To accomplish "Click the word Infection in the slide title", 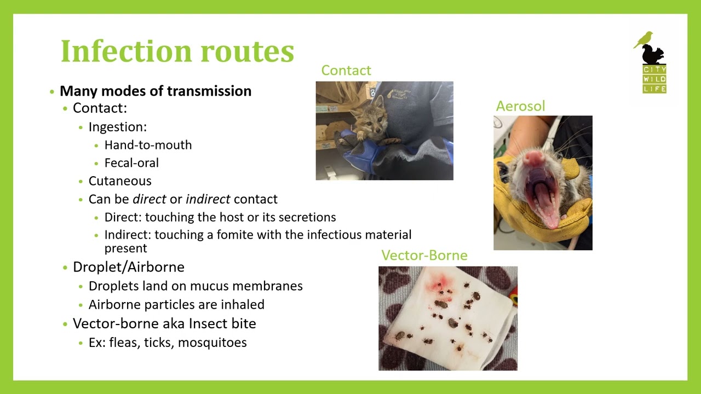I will (x=127, y=51).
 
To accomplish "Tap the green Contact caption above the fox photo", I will (x=346, y=71).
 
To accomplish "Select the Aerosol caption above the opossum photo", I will (x=520, y=106).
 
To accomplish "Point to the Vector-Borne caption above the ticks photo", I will (x=424, y=256).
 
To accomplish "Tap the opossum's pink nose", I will (x=535, y=159).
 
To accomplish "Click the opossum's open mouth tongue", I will (x=543, y=203).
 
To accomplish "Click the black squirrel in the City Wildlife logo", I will (x=653, y=55).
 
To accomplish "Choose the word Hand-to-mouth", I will (x=148, y=145).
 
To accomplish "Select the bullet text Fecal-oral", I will (x=131, y=163).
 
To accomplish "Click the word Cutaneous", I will (x=120, y=181).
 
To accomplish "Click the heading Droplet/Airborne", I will (x=129, y=267).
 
